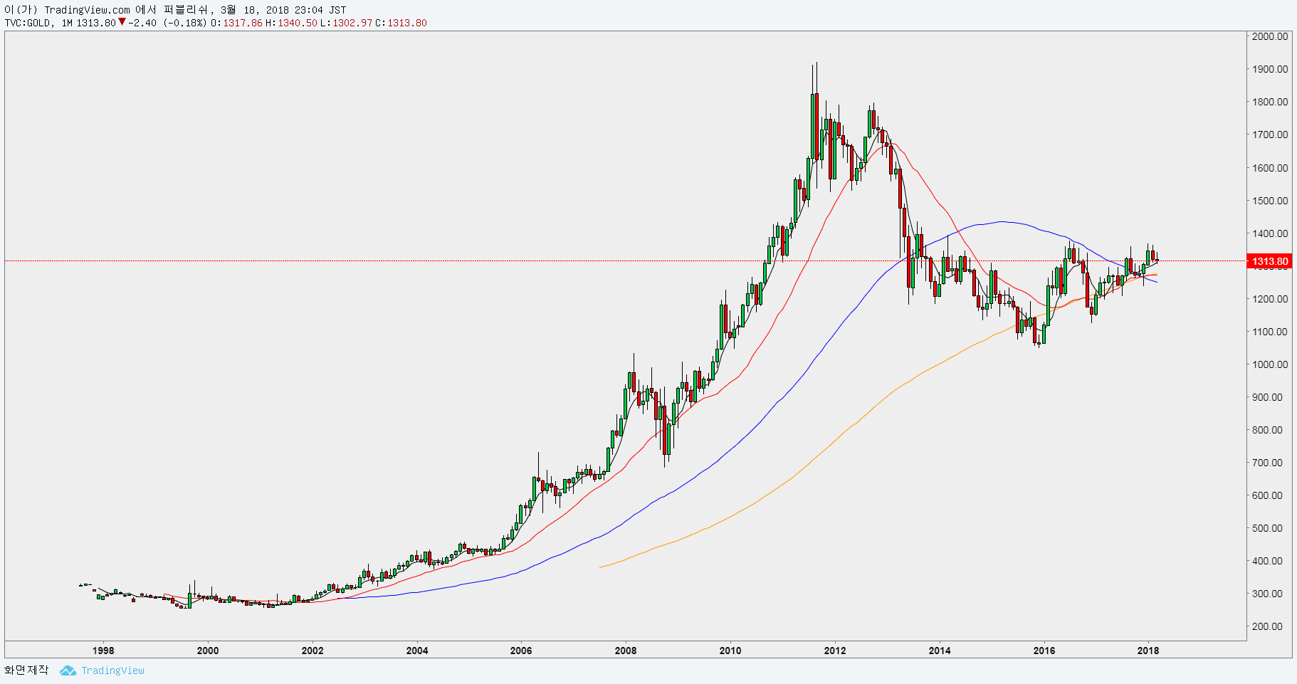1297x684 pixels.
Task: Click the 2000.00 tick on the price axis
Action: pos(1270,36)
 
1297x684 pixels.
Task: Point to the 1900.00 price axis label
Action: pos(1270,69)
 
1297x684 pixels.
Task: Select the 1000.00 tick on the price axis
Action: pos(1270,364)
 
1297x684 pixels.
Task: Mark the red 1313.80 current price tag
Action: pos(1270,261)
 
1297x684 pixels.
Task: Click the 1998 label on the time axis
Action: pos(103,650)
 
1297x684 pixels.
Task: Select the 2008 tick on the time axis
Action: pos(626,650)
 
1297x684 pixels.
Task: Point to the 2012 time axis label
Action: pos(835,650)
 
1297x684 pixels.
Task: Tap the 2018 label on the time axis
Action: pos(1148,650)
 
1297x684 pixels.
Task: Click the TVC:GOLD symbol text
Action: pos(28,23)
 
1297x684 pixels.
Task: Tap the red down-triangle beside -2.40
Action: pos(122,22)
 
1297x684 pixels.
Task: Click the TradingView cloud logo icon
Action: pos(68,670)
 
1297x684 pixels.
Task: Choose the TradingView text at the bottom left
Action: pos(112,670)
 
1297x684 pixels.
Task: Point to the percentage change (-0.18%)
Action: pos(184,23)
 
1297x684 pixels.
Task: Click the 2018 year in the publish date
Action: pos(278,10)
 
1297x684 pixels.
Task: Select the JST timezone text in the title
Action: pos(337,10)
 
